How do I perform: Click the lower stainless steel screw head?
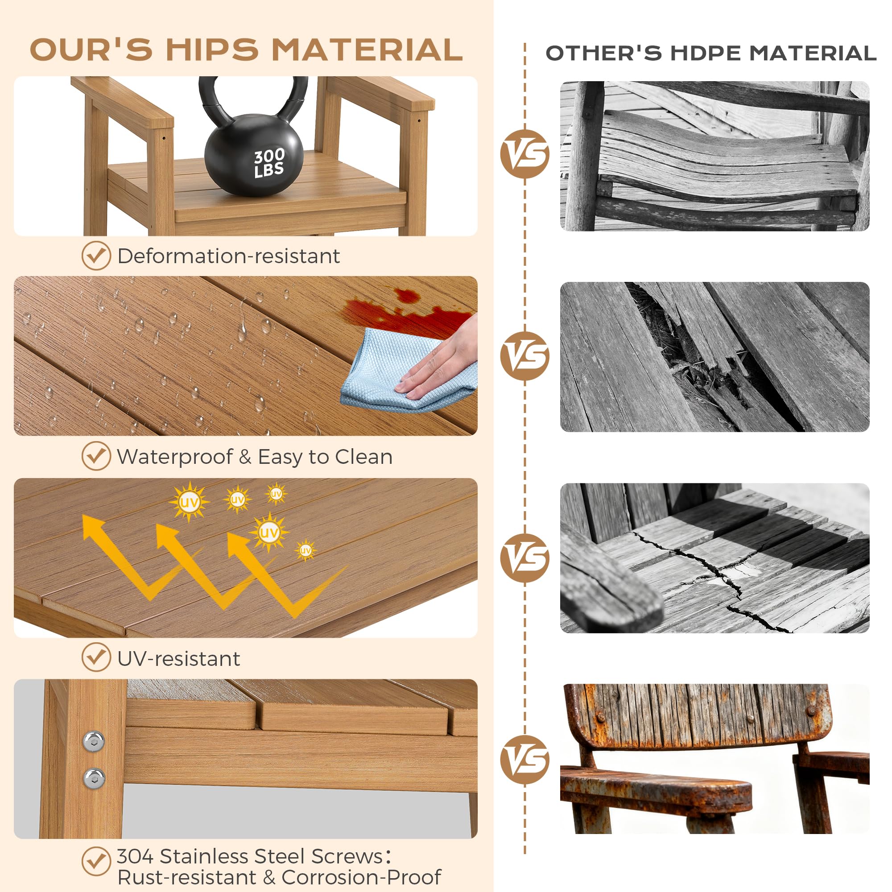[94, 778]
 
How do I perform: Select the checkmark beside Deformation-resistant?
[96, 255]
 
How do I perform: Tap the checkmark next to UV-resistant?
[96, 657]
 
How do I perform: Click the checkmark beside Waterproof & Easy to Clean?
[96, 456]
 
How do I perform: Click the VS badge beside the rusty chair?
[524, 760]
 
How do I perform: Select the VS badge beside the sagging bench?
[524, 154]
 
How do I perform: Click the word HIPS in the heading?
[212, 50]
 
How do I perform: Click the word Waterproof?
[175, 457]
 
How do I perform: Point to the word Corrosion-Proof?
[361, 877]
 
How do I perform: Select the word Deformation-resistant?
[228, 256]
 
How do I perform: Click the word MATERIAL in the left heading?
[367, 50]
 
